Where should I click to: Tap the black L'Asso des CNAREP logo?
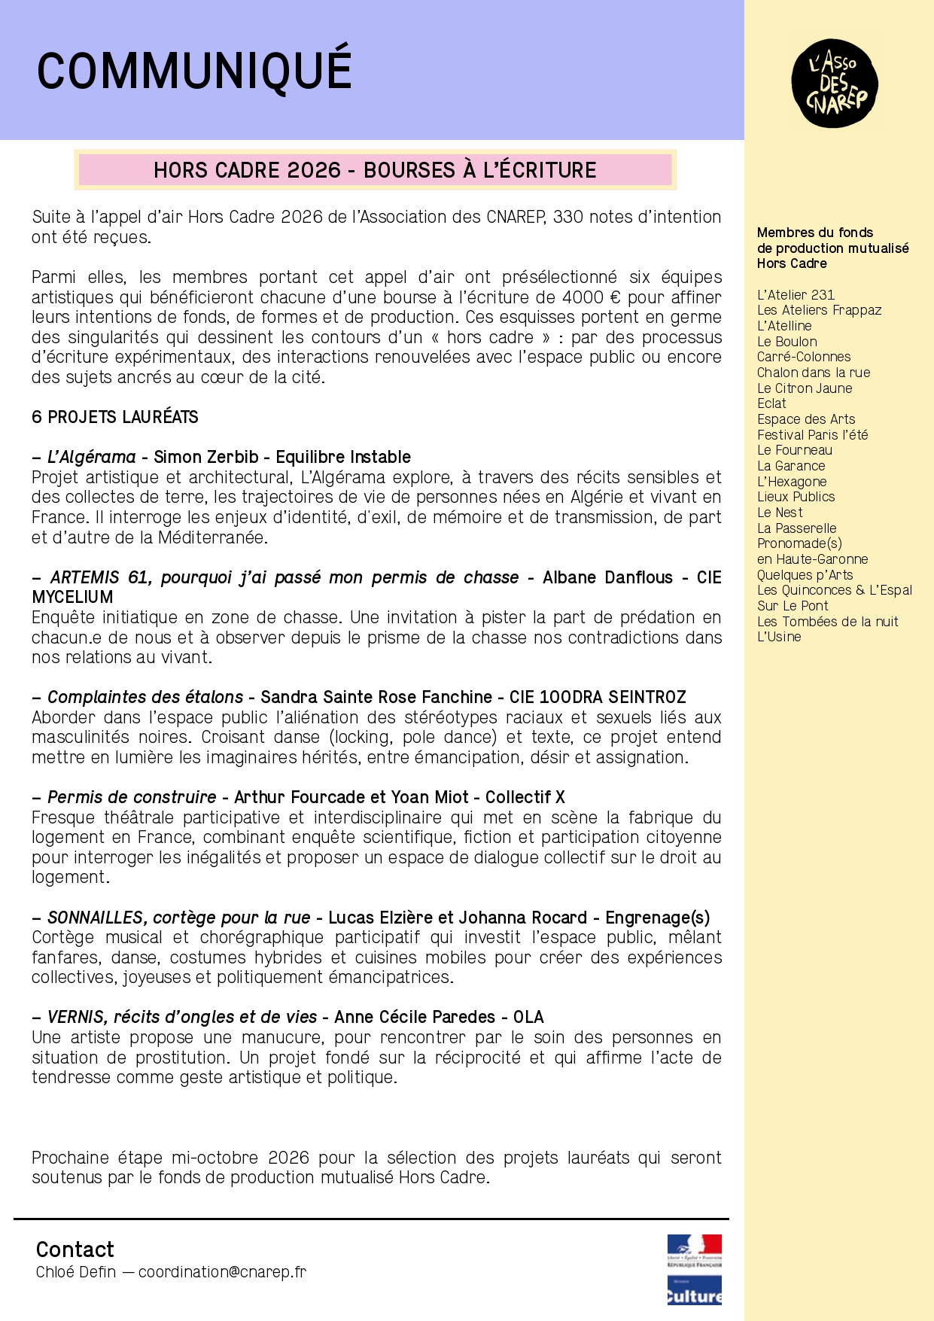point(834,84)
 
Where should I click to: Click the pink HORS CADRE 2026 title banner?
point(375,170)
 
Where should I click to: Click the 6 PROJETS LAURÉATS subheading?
point(115,417)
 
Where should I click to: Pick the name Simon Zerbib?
point(206,457)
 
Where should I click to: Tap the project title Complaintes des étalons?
point(145,697)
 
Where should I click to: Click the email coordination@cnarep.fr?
point(222,1272)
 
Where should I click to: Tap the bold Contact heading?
point(75,1249)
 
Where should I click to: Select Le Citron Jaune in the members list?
point(805,388)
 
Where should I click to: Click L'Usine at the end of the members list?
point(779,637)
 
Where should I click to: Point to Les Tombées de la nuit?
point(827,622)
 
